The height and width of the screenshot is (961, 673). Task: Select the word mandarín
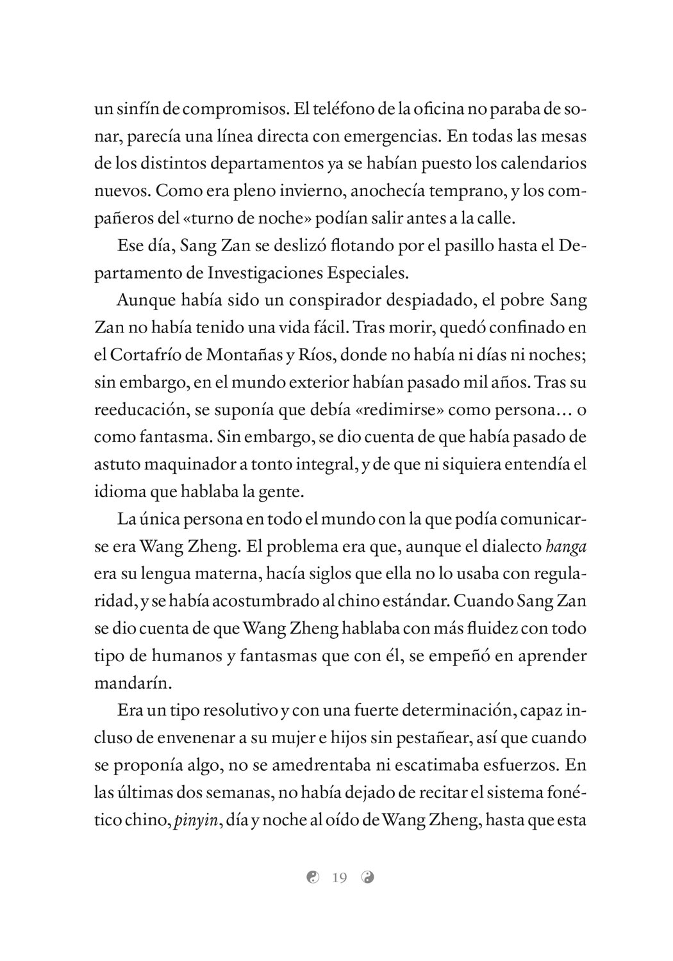coord(133,683)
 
